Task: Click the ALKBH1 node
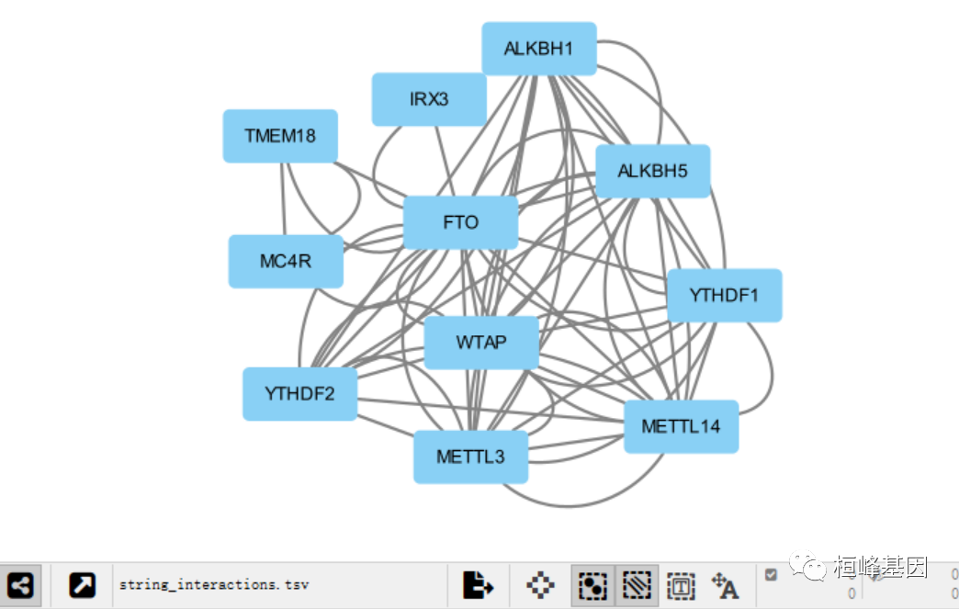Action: [x=539, y=49]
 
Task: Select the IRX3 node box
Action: [x=429, y=99]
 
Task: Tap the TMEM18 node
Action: [x=280, y=136]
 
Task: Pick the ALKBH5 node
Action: [x=652, y=171]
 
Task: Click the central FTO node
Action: [x=460, y=222]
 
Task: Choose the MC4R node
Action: [x=286, y=261]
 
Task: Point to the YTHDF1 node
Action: [x=724, y=295]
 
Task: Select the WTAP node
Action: [x=481, y=343]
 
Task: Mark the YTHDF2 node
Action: [x=299, y=394]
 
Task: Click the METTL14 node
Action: [x=681, y=426]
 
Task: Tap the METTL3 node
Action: [x=470, y=457]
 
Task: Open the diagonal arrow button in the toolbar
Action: [x=83, y=585]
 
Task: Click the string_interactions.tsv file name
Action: [x=214, y=585]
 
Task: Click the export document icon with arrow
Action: [x=478, y=585]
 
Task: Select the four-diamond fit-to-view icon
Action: [x=540, y=585]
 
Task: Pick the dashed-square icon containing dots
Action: [x=593, y=585]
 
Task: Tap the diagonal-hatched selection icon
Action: [x=637, y=585]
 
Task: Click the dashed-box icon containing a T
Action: [x=681, y=585]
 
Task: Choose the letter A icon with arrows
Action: [x=726, y=585]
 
